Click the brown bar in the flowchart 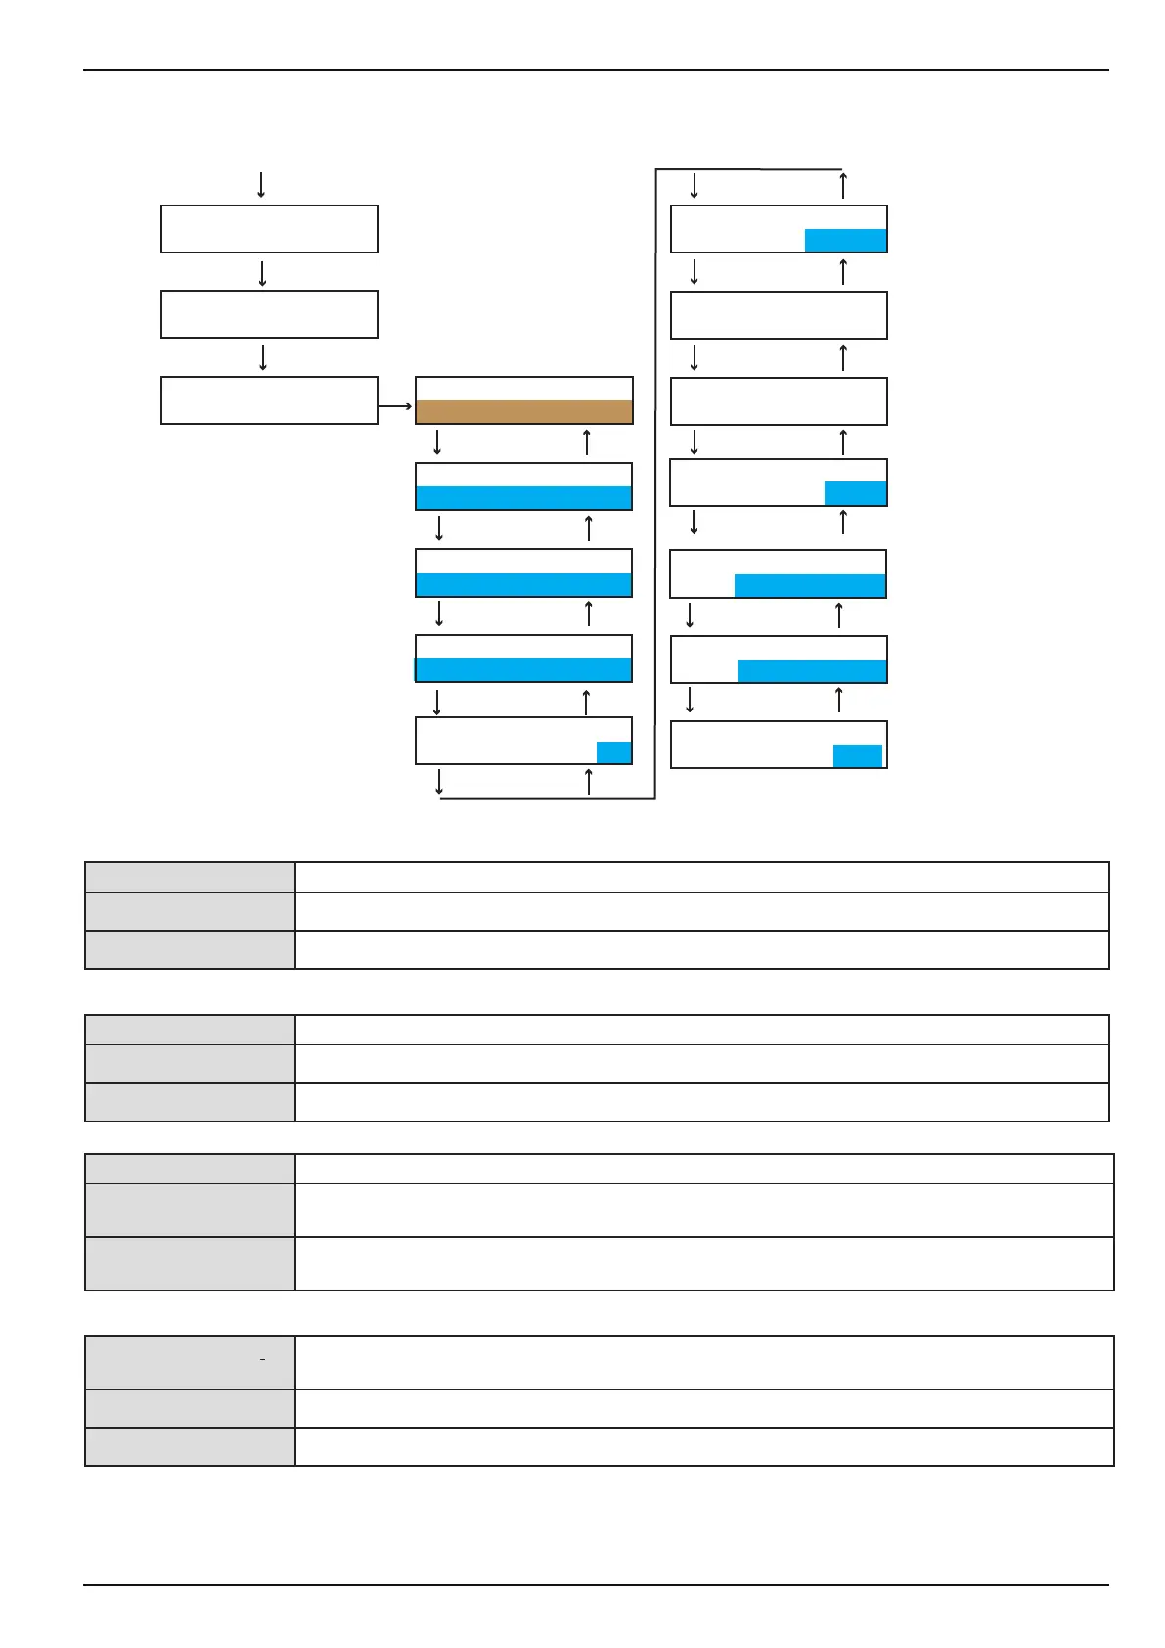point(523,411)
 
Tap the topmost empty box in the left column point(269,229)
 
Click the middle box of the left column point(269,314)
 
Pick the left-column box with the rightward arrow point(269,400)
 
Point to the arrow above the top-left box point(261,184)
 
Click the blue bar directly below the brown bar point(523,497)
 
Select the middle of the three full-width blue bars point(523,584)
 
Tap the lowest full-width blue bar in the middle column point(523,669)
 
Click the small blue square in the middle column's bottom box point(613,753)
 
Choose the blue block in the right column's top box point(845,241)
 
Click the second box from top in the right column point(779,315)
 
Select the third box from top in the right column point(779,401)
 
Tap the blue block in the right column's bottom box point(857,755)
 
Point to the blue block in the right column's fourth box point(855,493)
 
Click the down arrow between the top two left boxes point(263,273)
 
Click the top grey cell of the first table point(190,877)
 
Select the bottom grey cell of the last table point(190,1446)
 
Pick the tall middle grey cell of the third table point(190,1210)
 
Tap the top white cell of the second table point(701,1030)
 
